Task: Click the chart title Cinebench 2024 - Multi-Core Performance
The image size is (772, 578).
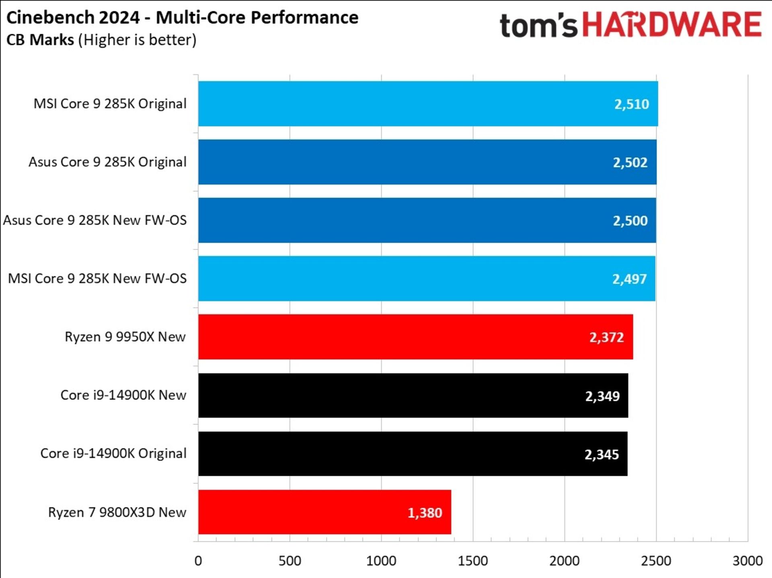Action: click(x=182, y=18)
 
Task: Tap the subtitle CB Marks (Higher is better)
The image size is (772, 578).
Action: click(x=101, y=40)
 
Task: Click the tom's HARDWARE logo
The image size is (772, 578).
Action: click(x=630, y=25)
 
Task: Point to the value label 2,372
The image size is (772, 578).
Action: click(x=606, y=337)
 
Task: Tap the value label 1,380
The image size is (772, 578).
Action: click(x=425, y=513)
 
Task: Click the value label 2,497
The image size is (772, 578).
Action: click(x=629, y=279)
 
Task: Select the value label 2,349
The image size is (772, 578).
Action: click(x=602, y=396)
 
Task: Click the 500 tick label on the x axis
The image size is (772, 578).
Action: click(x=289, y=561)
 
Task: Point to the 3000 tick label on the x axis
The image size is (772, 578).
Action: click(x=747, y=561)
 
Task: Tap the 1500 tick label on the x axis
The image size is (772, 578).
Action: click(x=473, y=561)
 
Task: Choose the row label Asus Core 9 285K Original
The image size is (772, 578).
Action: click(x=107, y=162)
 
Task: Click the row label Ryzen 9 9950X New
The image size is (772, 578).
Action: click(x=125, y=337)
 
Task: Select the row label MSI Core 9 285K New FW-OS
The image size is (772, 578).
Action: click(x=97, y=279)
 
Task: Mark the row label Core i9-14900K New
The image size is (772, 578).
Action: click(x=123, y=395)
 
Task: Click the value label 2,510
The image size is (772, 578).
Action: click(x=631, y=104)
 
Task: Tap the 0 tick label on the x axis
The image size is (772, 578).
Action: click(x=198, y=561)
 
